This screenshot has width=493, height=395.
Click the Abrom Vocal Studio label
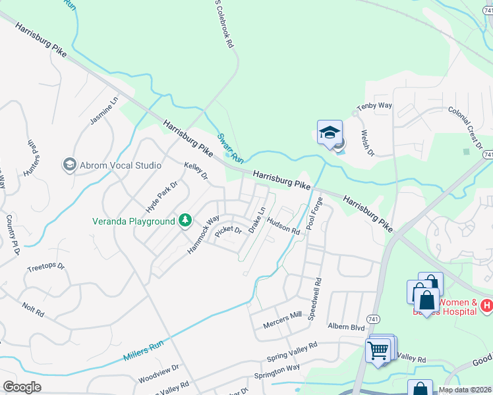tap(120, 165)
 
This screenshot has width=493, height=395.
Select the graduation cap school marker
tap(330, 133)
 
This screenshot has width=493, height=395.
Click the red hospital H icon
tap(486, 305)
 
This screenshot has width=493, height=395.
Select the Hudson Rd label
tap(284, 228)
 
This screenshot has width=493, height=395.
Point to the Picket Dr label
tap(229, 230)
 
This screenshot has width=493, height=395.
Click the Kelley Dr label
tap(196, 172)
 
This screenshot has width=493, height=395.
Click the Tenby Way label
tap(374, 106)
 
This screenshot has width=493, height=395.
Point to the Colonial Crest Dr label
tap(465, 128)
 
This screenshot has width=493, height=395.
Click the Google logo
tap(22, 386)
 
